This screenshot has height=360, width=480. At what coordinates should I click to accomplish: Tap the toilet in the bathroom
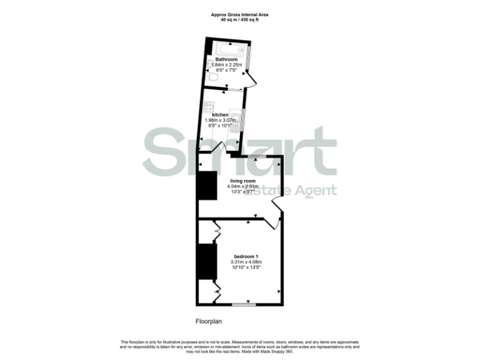coord(209,77)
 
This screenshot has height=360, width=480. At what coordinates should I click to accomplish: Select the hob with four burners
coord(209,107)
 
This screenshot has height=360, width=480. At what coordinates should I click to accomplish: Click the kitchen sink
coord(235,118)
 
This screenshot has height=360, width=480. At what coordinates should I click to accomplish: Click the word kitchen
coord(220,115)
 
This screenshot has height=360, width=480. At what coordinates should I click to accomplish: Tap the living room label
coord(241,181)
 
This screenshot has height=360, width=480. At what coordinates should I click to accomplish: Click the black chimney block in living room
coord(207,185)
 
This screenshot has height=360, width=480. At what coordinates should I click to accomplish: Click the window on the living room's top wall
coord(257,156)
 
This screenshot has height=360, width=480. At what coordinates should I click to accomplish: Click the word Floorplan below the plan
coord(209,322)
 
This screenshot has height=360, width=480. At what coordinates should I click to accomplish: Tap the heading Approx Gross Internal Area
coord(239,14)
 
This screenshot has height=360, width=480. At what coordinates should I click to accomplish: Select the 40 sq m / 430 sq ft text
coord(239,19)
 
